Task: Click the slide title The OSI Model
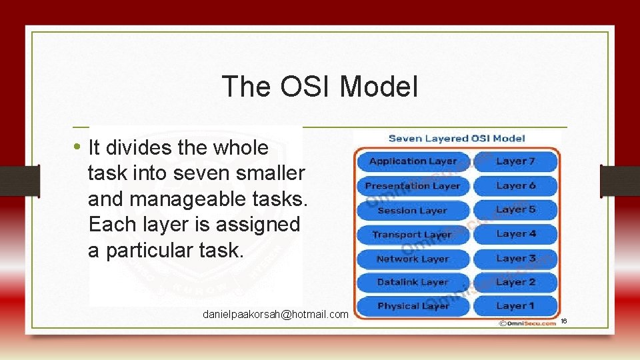320,86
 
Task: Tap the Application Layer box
413,161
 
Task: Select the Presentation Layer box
413,186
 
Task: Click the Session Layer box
413,211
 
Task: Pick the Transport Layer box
413,235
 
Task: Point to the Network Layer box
413,259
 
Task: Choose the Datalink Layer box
413,283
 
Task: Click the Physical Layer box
413,306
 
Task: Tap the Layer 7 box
515,161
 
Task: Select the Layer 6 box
515,186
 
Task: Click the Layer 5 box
515,210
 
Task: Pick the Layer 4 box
515,235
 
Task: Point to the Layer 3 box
515,259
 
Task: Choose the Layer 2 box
515,283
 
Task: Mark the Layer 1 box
515,306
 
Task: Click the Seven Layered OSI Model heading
457,139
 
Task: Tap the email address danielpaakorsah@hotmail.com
276,314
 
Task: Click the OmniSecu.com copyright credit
526,323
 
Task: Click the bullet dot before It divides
78,146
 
